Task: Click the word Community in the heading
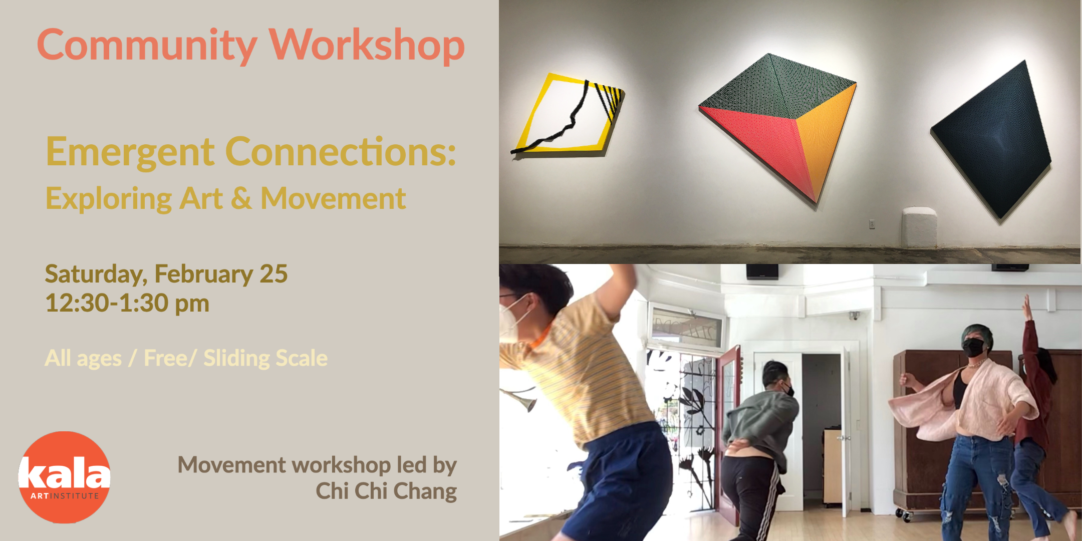(147, 46)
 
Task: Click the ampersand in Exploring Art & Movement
(241, 198)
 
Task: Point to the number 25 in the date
(274, 274)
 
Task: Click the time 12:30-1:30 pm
(127, 303)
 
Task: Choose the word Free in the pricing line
(166, 358)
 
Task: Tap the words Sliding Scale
(265, 358)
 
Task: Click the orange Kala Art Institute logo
(64, 477)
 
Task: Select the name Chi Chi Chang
(386, 491)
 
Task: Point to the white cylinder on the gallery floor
(919, 227)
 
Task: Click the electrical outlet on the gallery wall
(872, 224)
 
